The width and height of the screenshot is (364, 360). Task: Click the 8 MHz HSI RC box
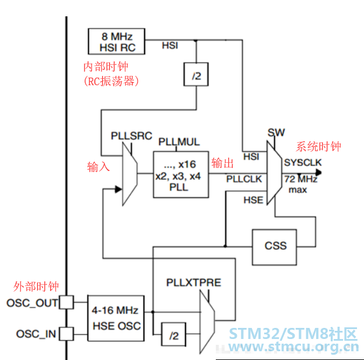click(x=117, y=41)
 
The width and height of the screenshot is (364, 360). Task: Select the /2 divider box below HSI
click(x=196, y=74)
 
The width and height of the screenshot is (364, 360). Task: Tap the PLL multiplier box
click(x=181, y=174)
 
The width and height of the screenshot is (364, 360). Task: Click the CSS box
click(x=274, y=247)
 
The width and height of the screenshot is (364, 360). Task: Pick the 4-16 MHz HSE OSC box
click(x=116, y=318)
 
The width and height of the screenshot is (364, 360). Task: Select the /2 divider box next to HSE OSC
click(x=173, y=334)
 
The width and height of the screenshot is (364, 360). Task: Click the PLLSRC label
click(x=131, y=136)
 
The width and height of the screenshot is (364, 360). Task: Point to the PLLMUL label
click(x=179, y=142)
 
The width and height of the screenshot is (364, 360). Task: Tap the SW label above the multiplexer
click(x=276, y=132)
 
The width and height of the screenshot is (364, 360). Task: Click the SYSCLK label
click(x=303, y=163)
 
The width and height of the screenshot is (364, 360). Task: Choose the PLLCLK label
click(x=244, y=179)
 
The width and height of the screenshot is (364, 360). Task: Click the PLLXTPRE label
click(x=194, y=282)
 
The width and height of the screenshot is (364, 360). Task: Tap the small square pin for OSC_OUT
click(x=66, y=302)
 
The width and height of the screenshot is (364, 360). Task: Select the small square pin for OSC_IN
click(x=66, y=334)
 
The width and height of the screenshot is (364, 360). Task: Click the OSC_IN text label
click(x=36, y=334)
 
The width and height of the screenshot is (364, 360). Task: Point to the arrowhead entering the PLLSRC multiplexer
click(x=118, y=189)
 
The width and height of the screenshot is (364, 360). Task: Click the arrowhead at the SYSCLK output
click(x=318, y=173)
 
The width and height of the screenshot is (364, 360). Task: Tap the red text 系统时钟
click(x=318, y=147)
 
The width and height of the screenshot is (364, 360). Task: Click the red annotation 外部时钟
click(x=36, y=286)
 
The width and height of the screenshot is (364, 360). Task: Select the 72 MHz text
click(x=300, y=179)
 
